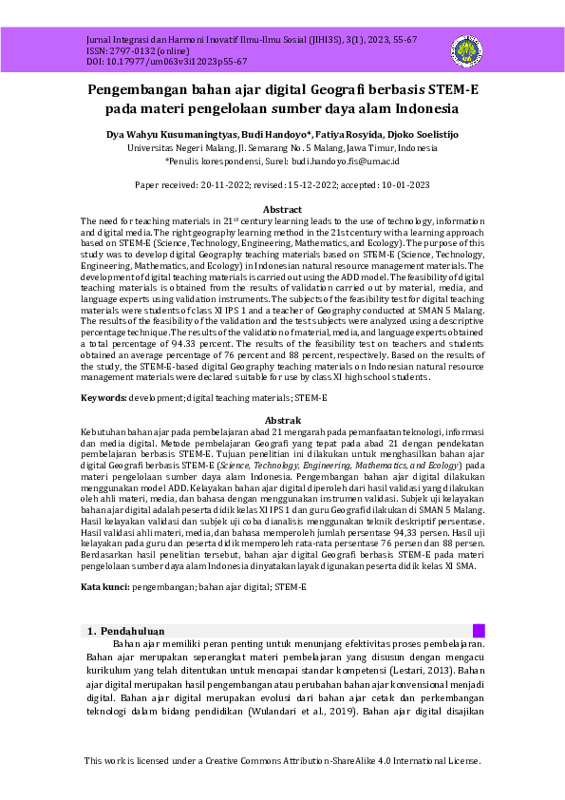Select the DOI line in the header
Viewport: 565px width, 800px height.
point(153,61)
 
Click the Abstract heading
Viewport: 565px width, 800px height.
point(282,209)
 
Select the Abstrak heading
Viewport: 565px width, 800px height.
point(282,420)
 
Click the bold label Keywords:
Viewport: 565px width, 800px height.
point(104,396)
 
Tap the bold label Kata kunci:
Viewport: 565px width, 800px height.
point(104,587)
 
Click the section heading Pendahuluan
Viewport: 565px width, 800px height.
point(132,631)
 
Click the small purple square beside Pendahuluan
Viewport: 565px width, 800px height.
point(479,631)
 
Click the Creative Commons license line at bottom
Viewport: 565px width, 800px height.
point(282,761)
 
